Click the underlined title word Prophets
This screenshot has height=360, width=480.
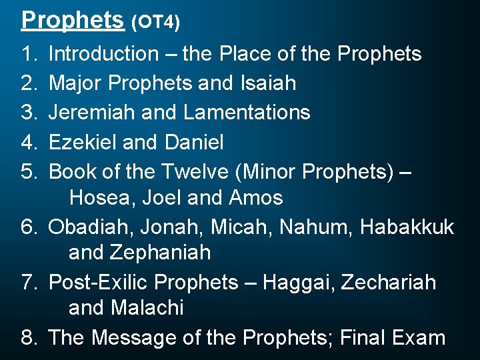pyautogui.click(x=73, y=19)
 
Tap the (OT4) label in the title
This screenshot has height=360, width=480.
pyautogui.click(x=155, y=22)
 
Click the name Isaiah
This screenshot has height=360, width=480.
pyautogui.click(x=267, y=83)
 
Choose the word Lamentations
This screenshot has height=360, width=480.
pyautogui.click(x=247, y=112)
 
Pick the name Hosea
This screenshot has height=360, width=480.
pyautogui.click(x=101, y=198)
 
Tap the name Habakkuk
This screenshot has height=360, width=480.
pyautogui.click(x=407, y=227)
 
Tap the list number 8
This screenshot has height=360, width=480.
pyautogui.click(x=29, y=337)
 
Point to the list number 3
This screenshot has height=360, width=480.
pyautogui.click(x=29, y=112)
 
